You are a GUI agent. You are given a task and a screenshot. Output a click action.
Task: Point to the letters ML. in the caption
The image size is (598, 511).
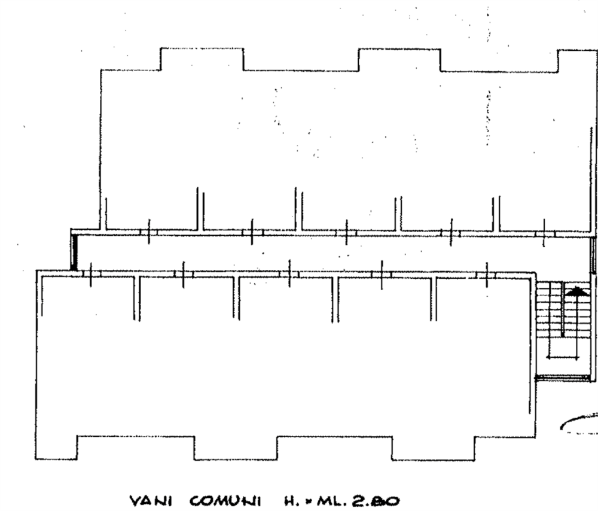(327, 500)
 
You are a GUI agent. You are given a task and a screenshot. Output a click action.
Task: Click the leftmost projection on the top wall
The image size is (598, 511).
(202, 59)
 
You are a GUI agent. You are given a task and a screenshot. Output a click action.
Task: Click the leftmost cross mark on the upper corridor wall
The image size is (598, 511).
(148, 233)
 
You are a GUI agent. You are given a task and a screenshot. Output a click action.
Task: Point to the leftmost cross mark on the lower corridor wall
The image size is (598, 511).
(90, 273)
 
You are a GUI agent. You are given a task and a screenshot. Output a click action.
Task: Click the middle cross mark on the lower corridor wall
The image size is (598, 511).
(289, 273)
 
